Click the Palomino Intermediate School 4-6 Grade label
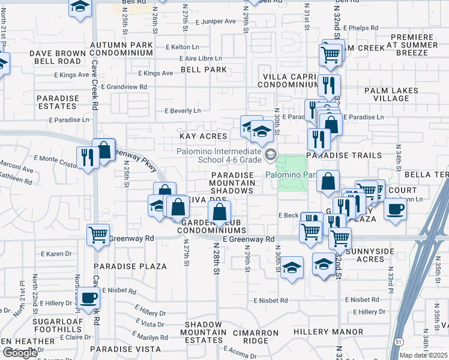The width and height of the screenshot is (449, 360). coord(231,156)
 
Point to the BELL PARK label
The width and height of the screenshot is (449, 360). coord(203,70)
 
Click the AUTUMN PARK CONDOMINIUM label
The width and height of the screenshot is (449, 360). coord(121,49)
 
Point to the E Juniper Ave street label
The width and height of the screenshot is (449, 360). coord(215,21)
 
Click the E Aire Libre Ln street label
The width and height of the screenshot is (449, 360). coord(201,58)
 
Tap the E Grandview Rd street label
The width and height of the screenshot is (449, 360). coord(124,87)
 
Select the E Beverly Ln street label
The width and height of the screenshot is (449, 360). coord(182,110)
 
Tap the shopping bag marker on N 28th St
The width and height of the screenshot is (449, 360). coord(220,211)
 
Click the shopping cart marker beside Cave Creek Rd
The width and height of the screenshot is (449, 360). coord(98,235)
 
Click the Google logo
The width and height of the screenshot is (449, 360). coord(20,353)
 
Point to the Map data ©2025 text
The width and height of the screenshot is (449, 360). coord(424,355)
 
